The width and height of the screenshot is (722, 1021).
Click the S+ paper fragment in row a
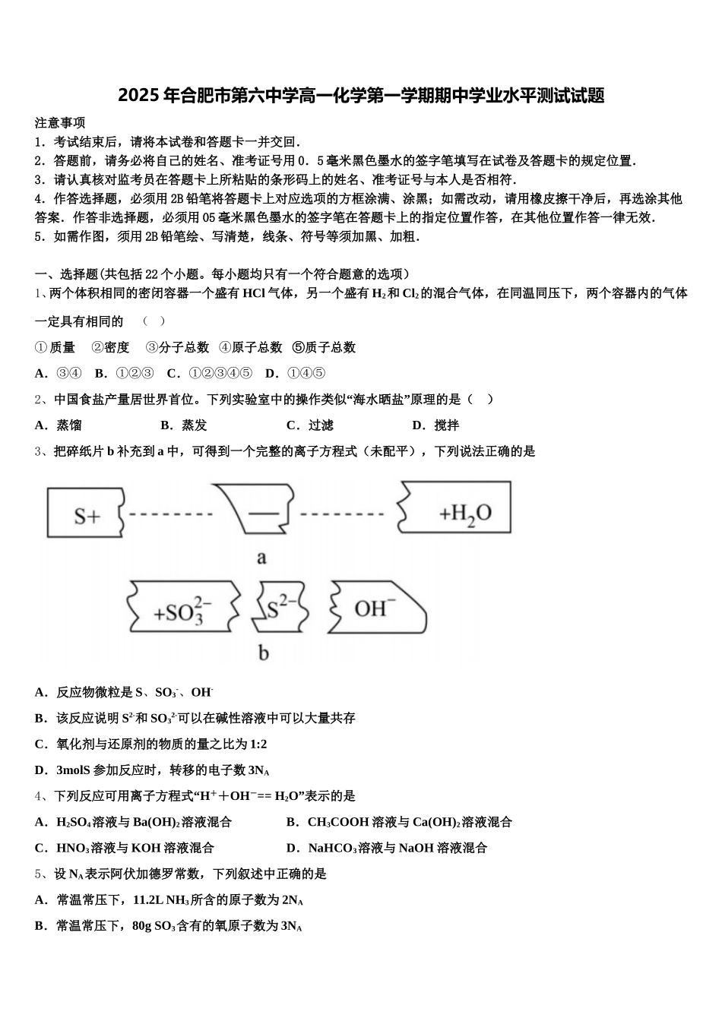pyautogui.click(x=86, y=514)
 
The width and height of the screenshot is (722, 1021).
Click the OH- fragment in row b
pyautogui.click(x=376, y=608)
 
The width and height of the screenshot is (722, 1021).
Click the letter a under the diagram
pyautogui.click(x=261, y=558)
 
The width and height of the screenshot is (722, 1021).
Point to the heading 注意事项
pyautogui.click(x=60, y=122)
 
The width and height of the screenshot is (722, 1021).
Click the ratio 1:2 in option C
pyautogui.click(x=258, y=744)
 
